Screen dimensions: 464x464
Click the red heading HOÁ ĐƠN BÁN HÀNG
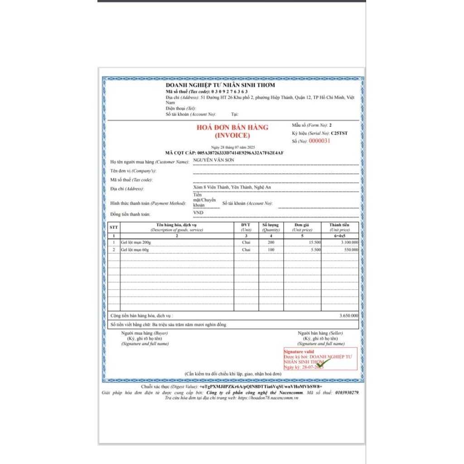tap(232, 127)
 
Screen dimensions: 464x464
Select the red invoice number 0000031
tap(320, 141)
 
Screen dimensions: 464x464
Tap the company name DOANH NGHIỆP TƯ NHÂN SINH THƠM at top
tap(220, 85)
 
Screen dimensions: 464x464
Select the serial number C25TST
tap(340, 133)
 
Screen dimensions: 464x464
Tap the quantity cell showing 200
tap(271, 242)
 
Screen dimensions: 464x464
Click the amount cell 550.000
tap(350, 250)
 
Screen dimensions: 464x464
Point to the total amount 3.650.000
tap(348, 315)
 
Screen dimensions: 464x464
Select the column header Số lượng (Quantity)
tap(271, 227)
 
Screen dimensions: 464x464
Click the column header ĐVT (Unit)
tap(246, 227)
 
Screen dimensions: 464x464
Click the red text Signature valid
tap(299, 352)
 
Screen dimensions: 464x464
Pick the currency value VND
tap(198, 213)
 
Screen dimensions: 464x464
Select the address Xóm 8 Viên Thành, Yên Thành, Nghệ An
tap(232, 187)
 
